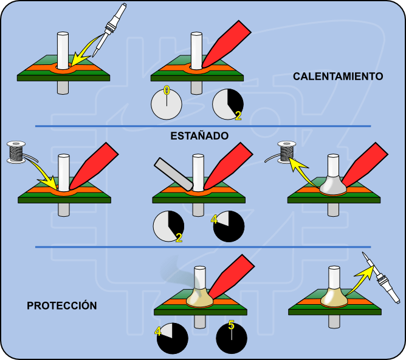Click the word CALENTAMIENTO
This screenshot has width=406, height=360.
[337, 76]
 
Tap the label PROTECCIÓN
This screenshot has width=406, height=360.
[61, 305]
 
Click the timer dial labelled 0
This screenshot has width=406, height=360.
[167, 103]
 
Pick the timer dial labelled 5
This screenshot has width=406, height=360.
[232, 337]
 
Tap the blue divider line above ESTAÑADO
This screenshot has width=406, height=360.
[202, 126]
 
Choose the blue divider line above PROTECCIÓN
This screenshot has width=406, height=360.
[202, 247]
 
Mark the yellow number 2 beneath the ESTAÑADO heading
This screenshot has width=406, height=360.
[179, 237]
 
